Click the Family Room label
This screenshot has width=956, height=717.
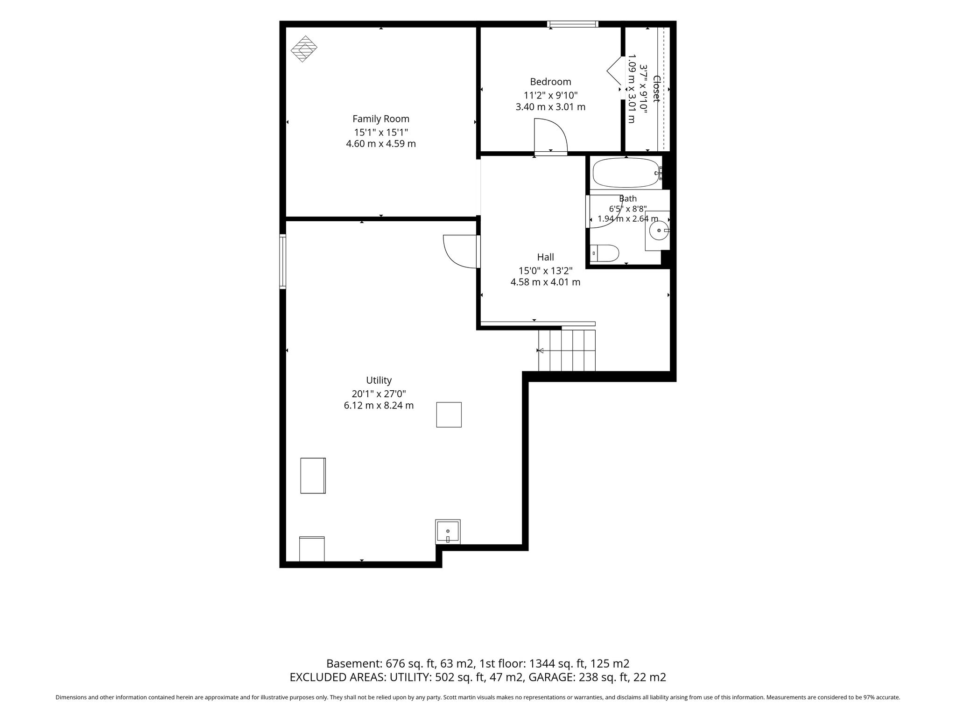tap(381, 119)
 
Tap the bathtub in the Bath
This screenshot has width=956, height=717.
tap(626, 173)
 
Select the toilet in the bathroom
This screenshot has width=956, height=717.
tap(605, 253)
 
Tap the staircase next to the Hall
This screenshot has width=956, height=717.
tap(567, 350)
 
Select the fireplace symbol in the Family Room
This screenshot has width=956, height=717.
tap(304, 49)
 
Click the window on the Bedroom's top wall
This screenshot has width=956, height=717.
tap(573, 24)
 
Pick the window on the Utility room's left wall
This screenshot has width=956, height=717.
tap(283, 261)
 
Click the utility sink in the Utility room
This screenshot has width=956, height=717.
tap(448, 532)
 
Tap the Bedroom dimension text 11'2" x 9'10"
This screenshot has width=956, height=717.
tap(551, 95)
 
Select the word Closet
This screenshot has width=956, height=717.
tap(656, 89)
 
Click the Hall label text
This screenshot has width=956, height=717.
tap(546, 257)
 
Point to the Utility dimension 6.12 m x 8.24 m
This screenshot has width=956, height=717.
tap(379, 405)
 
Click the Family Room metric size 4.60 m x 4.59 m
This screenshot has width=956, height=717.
tap(381, 144)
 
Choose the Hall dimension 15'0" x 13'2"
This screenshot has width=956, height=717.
tap(546, 271)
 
